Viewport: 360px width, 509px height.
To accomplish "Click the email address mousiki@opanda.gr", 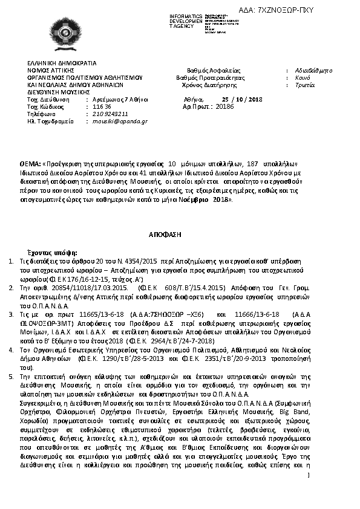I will [120, 121].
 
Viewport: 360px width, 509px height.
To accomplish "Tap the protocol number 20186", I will [224, 106].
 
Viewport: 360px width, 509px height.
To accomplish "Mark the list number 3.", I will [11, 314].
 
